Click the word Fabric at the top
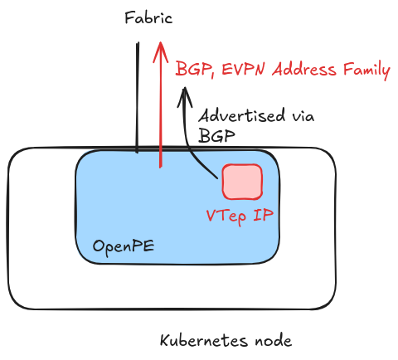coord(148,18)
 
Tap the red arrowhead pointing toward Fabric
coord(160,52)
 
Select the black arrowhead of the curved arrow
coord(185,97)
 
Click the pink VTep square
coord(242,182)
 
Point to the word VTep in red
coord(226,216)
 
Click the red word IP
coord(263,215)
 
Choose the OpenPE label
coord(124,246)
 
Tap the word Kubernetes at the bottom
coord(204,340)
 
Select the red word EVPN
coord(244,69)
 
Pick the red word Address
coord(304,69)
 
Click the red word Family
coord(366,71)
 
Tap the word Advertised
coord(241,115)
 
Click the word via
coord(303,116)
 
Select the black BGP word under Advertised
coord(216,135)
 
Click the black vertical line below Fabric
coord(138,97)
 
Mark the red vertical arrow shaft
coord(160,105)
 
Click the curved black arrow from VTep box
coord(188,133)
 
